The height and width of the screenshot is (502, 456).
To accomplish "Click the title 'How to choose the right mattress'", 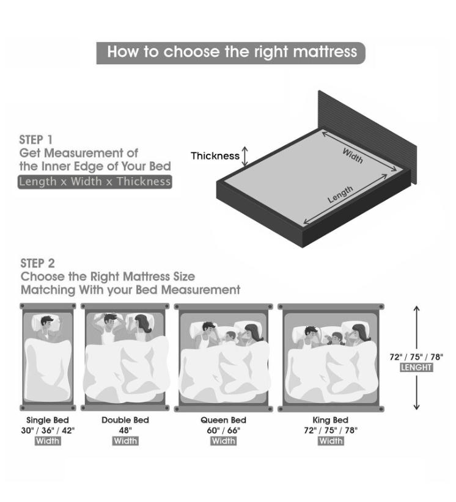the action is coord(232,52).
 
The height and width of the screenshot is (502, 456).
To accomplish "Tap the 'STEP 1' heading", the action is coord(35,140).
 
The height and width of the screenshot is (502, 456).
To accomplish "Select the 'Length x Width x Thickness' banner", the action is coord(95,182).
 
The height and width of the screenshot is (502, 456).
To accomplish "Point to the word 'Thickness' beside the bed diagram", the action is coord(215,156).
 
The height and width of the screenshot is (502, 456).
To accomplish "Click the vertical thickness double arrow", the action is coord(245,156).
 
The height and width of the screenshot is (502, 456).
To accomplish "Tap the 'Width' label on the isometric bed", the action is coord(353,156).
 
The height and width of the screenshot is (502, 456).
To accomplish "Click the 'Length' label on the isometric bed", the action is coord(340,194).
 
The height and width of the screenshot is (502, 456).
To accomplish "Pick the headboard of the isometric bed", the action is coord(367,137).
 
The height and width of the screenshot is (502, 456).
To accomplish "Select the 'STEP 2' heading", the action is coord(37,263).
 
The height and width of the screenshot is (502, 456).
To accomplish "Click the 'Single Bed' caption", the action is coord(48,420).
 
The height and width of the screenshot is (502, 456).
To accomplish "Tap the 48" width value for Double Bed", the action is coord(125,431).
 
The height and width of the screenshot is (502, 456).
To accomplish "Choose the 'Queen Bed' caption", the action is coord(223,420).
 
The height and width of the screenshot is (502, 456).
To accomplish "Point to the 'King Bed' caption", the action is coord(330,420).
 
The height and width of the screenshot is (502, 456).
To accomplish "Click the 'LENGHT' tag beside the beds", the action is coord(416,368).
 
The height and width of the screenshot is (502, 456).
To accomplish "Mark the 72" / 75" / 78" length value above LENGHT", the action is coord(416,357).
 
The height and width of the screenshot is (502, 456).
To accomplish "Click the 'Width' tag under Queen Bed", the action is coord(223,441).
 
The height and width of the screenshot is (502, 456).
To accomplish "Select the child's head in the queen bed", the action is coord(230,336).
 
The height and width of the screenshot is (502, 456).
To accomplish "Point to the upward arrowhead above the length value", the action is coord(416,308).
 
